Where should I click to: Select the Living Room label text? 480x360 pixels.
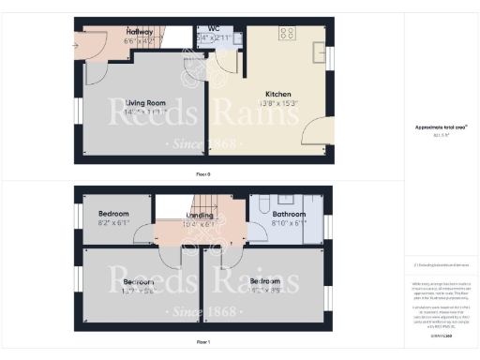(145, 102)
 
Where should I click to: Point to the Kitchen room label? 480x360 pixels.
(278, 95)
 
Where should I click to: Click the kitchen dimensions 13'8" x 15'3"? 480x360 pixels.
(278, 103)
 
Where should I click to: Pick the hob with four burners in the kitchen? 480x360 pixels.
(287, 34)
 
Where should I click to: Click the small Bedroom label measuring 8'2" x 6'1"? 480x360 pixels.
(113, 215)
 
